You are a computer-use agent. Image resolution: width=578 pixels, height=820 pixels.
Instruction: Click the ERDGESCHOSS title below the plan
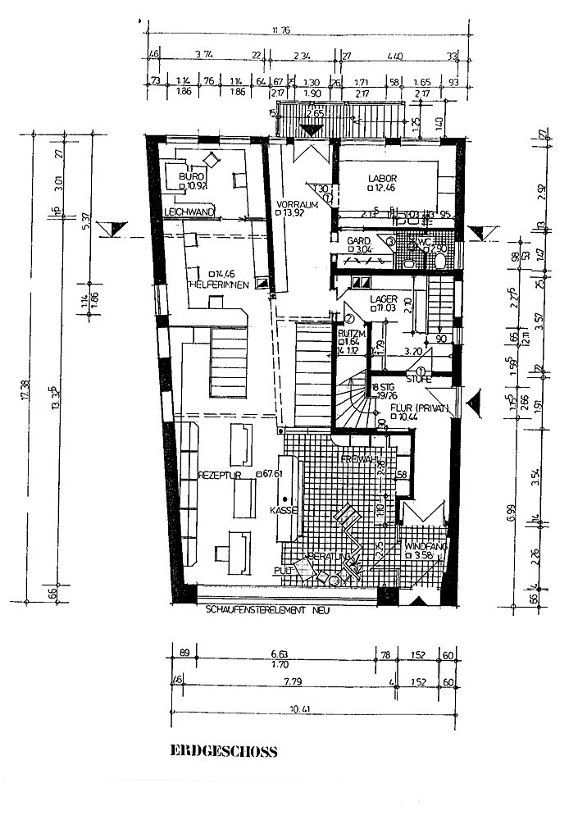click(x=223, y=750)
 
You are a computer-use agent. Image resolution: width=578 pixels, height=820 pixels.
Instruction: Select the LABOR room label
click(x=382, y=178)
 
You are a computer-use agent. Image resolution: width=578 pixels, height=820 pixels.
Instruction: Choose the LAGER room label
click(x=384, y=299)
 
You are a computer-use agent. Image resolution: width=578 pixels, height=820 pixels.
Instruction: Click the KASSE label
click(x=283, y=509)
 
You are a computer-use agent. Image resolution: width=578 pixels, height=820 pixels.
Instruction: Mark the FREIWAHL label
click(x=360, y=459)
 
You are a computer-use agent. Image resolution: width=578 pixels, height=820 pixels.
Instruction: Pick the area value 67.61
click(x=271, y=474)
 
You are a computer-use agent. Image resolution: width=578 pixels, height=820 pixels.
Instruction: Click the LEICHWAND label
click(x=189, y=212)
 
